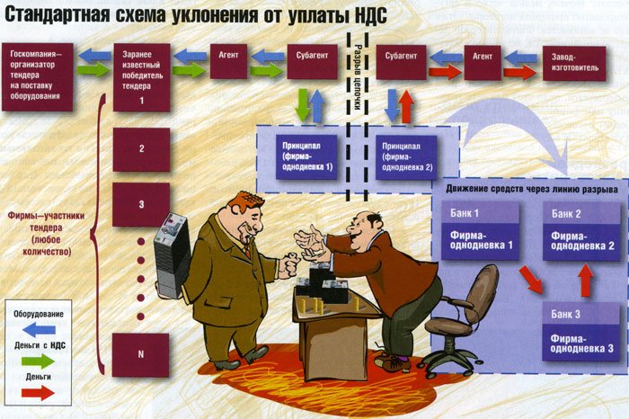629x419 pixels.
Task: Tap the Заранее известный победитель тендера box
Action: pos(142,76)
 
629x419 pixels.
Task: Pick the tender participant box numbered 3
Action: pos(141,204)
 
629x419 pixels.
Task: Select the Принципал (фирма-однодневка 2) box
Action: pos(407,156)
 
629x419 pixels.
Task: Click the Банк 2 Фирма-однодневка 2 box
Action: pos(580,231)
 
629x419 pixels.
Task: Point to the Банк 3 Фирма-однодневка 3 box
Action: pos(580,331)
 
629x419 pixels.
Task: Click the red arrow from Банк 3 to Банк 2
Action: pos(585,281)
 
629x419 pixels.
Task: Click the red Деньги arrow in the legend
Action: pos(38,393)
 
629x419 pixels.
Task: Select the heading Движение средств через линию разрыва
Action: pos(530,192)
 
